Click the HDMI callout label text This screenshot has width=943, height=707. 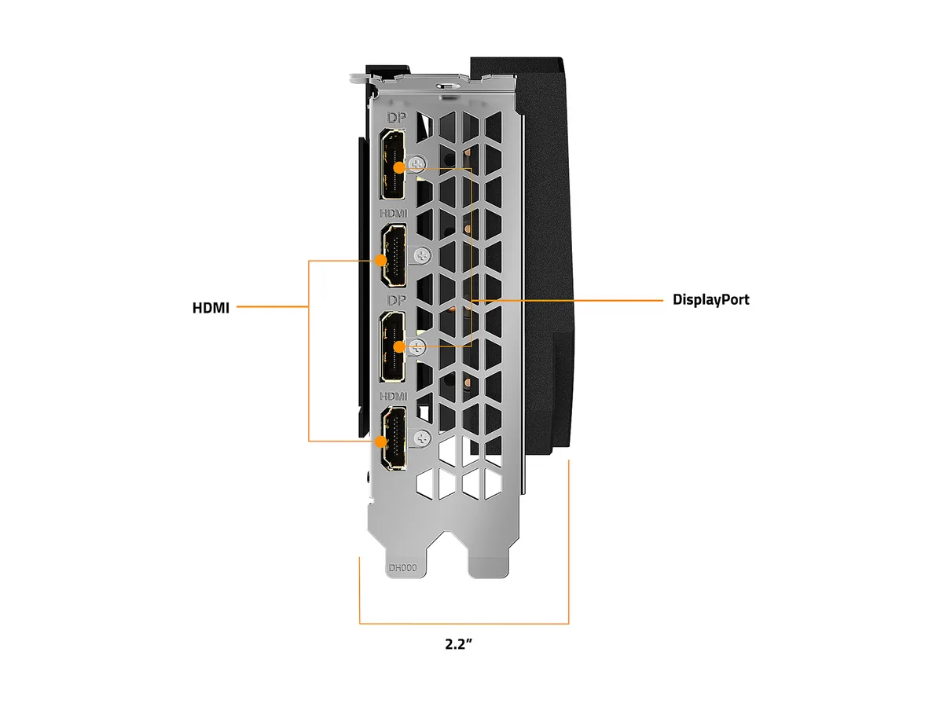click(211, 308)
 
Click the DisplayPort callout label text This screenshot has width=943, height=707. click(710, 299)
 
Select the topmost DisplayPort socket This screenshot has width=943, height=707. click(392, 165)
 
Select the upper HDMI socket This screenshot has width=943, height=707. click(392, 256)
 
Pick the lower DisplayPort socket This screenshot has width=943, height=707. click(392, 347)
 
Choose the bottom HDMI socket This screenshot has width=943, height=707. click(392, 438)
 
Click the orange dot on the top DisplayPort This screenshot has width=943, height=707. click(399, 168)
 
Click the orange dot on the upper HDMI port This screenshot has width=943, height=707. click(380, 260)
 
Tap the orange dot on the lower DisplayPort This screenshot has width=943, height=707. click(399, 346)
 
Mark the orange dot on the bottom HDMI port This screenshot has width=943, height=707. click(380, 441)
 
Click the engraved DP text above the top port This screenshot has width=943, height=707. click(397, 118)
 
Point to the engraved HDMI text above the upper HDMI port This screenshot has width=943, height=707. click(393, 214)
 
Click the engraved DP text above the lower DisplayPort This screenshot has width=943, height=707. click(397, 300)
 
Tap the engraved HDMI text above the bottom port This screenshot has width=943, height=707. click(393, 396)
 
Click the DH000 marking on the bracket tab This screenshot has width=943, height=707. click(402, 568)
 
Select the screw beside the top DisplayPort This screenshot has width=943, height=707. click(416, 164)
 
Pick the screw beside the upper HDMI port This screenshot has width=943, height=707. click(423, 256)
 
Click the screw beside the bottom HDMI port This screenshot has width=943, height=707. click(423, 438)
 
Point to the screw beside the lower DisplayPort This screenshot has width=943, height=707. click(416, 347)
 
